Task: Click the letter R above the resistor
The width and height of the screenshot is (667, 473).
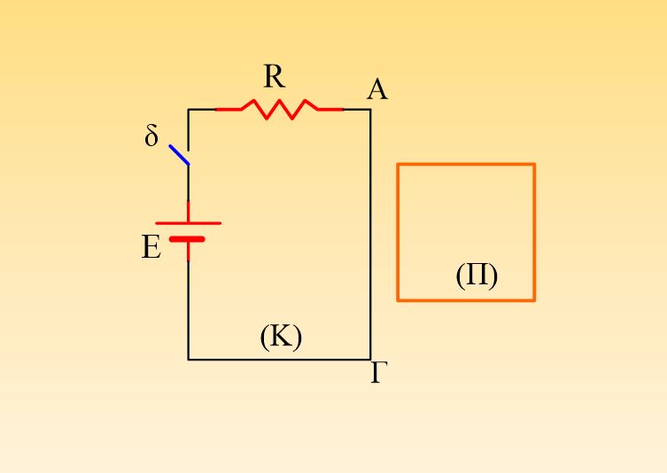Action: point(275,76)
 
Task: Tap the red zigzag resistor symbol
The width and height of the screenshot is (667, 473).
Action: point(280,110)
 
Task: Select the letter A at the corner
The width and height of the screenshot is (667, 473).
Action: point(377,89)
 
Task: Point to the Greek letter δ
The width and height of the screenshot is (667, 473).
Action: point(151,136)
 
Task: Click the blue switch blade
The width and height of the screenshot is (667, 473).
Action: point(179,155)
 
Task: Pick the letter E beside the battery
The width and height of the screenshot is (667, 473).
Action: point(151,247)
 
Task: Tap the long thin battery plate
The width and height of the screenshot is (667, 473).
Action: point(189,223)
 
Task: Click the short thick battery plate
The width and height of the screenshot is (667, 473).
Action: point(187,239)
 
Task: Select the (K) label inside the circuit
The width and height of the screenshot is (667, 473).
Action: point(281,337)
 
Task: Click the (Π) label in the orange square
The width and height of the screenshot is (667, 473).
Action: point(477,275)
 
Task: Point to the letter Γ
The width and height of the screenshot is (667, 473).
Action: point(379,373)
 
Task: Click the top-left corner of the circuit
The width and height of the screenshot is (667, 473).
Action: point(189,110)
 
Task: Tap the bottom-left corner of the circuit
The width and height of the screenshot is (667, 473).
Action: point(189,360)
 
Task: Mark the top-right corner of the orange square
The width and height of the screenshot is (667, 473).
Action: point(534,164)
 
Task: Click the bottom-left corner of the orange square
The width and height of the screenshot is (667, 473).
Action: point(398,300)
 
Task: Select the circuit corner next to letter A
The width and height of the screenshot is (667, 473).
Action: point(370,110)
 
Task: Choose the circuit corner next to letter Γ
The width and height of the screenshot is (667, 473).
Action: point(370,360)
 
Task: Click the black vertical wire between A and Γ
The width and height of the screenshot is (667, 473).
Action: point(370,235)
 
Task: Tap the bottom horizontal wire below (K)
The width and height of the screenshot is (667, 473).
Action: point(280,360)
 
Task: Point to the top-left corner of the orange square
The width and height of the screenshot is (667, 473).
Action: point(398,164)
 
